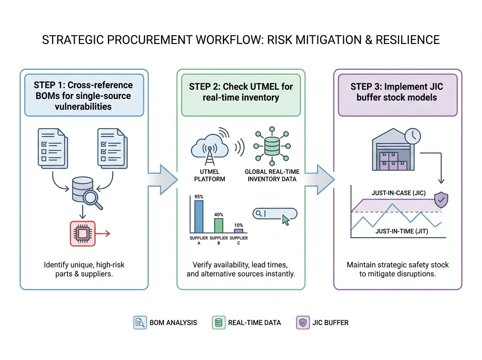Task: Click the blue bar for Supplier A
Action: click(199, 217)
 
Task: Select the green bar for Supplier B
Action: click(219, 225)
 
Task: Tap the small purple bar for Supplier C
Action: click(239, 231)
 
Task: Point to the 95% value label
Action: click(199, 197)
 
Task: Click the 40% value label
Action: click(219, 215)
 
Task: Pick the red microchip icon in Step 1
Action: click(83, 233)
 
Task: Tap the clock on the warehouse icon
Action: click(413, 136)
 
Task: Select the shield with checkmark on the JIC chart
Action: click(441, 200)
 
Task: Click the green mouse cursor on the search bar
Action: click(286, 220)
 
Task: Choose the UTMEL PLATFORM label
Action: click(210, 175)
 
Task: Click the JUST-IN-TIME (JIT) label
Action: click(402, 231)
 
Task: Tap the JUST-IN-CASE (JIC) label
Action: click(398, 193)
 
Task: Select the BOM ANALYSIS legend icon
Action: click(140, 323)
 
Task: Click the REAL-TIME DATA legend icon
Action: click(219, 323)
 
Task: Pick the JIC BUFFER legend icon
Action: click(303, 323)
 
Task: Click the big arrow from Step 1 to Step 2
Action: click(163, 180)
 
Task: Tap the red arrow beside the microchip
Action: click(103, 234)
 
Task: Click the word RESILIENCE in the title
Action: click(408, 40)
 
